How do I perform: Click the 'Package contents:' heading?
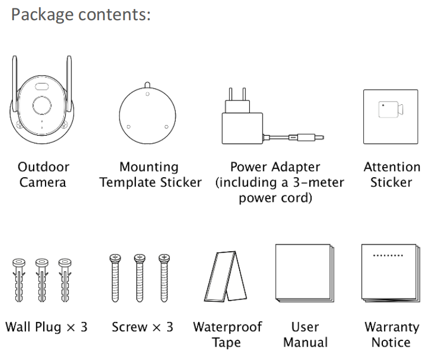[x=81, y=15]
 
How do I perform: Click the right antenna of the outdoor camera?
[x=68, y=84]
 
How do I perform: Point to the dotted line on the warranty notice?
[x=388, y=255]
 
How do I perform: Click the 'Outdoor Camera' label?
[x=43, y=174]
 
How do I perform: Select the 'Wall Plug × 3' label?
[x=47, y=327]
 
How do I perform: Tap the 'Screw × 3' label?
[x=142, y=327]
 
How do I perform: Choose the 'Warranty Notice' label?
[x=391, y=334]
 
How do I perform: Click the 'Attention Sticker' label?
[x=391, y=174]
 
